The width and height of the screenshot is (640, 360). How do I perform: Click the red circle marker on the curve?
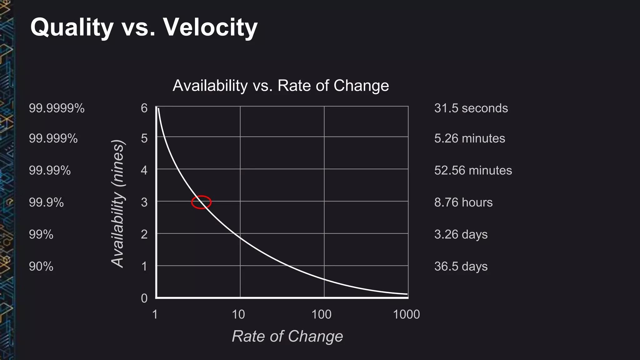pos(201,202)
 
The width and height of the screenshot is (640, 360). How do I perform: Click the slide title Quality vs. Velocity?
pos(144,27)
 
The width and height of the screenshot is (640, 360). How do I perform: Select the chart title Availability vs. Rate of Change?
pos(281,85)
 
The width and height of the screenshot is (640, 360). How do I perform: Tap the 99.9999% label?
pos(57,108)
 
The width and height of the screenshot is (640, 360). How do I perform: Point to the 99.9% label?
pos(46,202)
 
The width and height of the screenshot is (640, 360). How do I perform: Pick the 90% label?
pos(41,267)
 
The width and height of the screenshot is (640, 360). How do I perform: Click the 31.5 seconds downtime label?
pos(471,108)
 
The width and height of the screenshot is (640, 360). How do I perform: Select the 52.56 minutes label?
pos(473,170)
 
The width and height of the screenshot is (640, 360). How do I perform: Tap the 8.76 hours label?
pos(463,202)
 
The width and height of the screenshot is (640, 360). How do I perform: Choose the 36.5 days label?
pos(461,266)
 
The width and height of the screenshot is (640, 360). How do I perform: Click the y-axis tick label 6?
pos(144,108)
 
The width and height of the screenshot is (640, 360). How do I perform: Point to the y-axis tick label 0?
pos(144,298)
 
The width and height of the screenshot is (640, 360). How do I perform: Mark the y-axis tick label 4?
pos(144,170)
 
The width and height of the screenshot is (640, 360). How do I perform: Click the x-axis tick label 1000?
pos(406,314)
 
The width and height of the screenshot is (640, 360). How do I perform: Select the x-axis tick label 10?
pos(238,314)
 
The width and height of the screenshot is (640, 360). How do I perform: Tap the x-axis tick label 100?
pos(321,314)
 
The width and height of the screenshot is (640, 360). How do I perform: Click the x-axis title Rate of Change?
pos(287,336)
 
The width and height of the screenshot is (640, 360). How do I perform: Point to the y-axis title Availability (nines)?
pos(118,203)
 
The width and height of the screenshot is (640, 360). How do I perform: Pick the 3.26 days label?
pos(461,234)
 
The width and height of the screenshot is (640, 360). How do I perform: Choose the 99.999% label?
pos(53,138)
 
